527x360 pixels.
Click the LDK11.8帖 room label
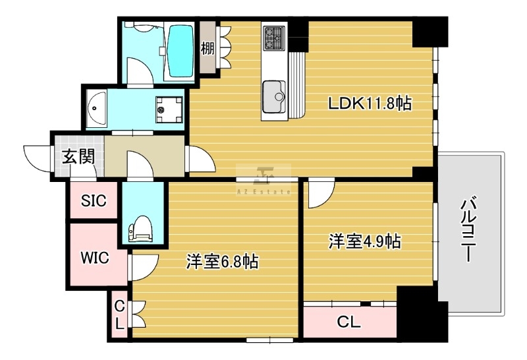(370, 104)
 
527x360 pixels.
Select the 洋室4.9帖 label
(365, 241)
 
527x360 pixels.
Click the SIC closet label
(94, 200)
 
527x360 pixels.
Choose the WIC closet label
(95, 258)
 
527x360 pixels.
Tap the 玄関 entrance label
(78, 156)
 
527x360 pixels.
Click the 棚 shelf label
(208, 48)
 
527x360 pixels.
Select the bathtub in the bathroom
(180, 51)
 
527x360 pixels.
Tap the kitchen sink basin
(273, 96)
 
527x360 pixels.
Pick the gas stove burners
(273, 38)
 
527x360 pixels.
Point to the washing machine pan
(169, 109)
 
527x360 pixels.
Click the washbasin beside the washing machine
(96, 108)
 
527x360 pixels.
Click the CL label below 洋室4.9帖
(349, 322)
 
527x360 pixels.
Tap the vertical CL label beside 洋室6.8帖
(120, 315)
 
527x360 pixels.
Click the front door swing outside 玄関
(38, 158)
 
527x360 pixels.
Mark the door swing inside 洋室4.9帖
(321, 195)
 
